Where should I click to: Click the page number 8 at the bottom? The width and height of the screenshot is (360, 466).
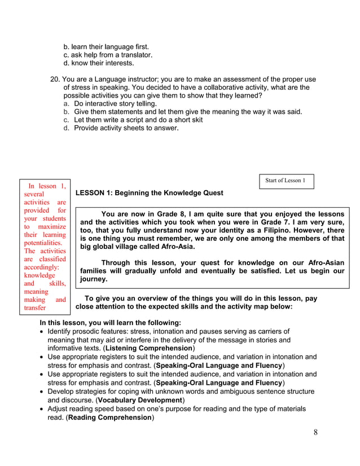coord(315,433)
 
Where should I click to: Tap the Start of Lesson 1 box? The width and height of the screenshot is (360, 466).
coord(286,181)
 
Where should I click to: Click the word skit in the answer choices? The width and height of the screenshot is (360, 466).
coord(195,120)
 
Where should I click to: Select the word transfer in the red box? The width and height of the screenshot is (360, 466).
coord(35,308)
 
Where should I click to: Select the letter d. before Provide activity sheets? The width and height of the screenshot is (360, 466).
coord(66,128)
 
